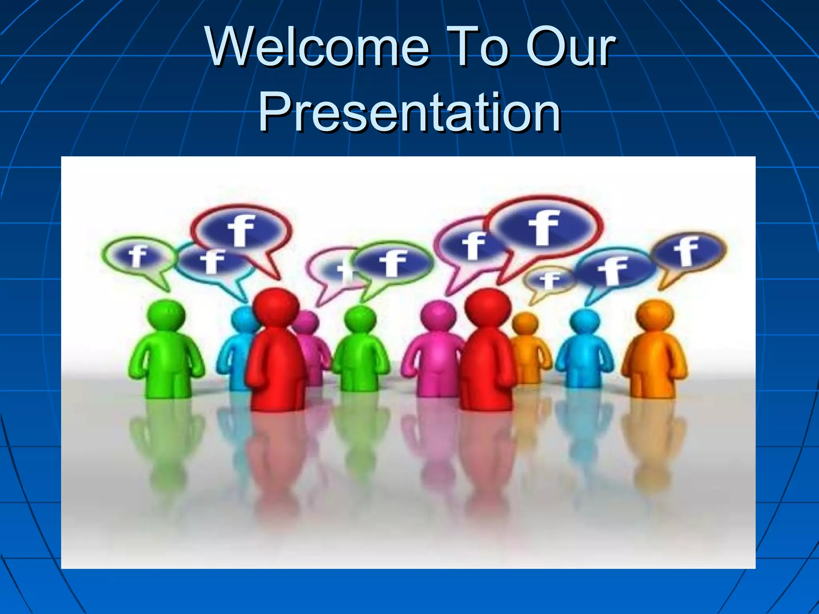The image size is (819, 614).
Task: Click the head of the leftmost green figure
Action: tap(166, 315)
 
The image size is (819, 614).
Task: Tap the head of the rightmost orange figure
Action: tap(655, 315)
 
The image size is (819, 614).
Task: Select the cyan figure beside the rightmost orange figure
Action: tap(585, 352)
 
